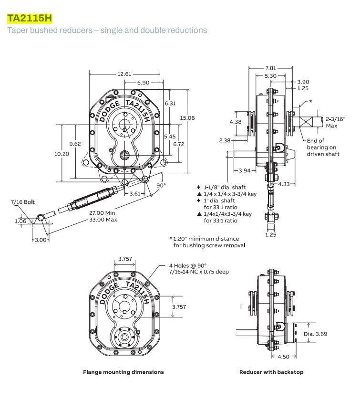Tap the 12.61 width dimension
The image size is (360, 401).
pos(124,74)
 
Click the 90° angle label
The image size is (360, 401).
pos(162,185)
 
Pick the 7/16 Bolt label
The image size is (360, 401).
pos(23,202)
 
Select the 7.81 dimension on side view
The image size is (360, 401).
pos(271,68)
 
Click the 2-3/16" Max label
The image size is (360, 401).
pos(336,122)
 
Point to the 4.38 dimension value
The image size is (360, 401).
pos(236,122)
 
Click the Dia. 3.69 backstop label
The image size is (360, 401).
pos(315,334)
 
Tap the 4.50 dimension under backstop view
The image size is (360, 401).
pos(284,356)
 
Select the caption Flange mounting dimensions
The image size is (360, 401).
pos(123,372)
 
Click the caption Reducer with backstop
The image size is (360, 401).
pos(271,372)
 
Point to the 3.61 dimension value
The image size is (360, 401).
pos(135,193)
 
